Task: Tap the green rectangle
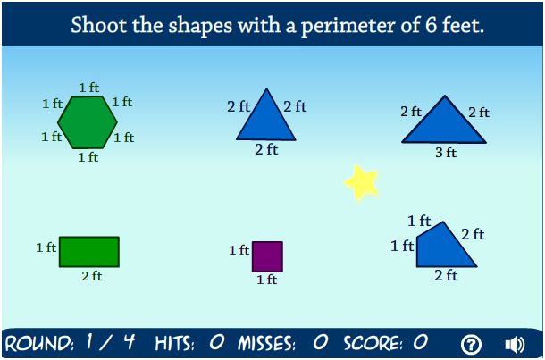pyautogui.click(x=88, y=251)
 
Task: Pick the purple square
pyautogui.click(x=267, y=256)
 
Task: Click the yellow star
pyautogui.click(x=361, y=182)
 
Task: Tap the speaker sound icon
pyautogui.click(x=515, y=344)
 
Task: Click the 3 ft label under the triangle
pyautogui.click(x=446, y=153)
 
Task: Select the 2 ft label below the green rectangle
pyautogui.click(x=91, y=276)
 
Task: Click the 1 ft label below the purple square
pyautogui.click(x=266, y=280)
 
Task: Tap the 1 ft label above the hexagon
pyautogui.click(x=88, y=88)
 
